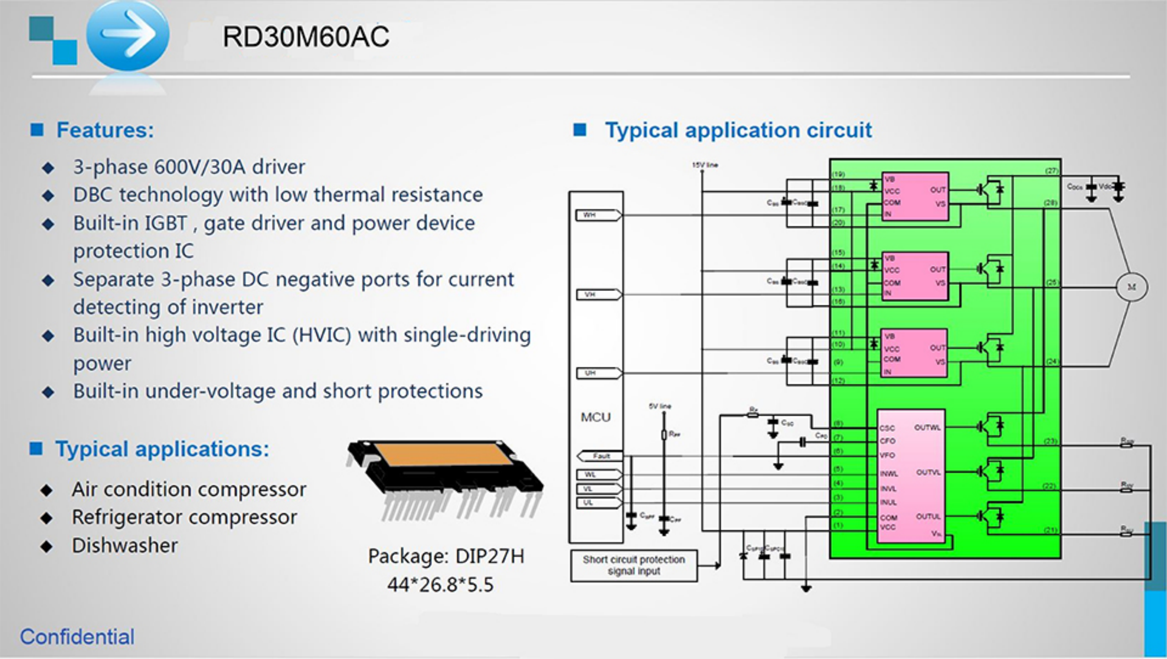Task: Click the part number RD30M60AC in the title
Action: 305,37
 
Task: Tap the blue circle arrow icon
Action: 128,35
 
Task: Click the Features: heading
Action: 105,130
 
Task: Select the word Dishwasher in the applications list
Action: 125,545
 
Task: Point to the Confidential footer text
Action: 77,637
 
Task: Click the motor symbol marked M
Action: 1131,287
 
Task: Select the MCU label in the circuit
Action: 595,417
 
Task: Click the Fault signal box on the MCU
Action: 601,456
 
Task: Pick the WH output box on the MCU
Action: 597,215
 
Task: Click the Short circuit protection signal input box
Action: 634,566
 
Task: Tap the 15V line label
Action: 705,165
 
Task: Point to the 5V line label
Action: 660,406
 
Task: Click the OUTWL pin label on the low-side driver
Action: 927,428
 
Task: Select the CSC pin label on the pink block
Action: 887,428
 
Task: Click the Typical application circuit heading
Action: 738,130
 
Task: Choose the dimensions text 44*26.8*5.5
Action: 440,585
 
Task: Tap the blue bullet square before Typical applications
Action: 36,449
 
